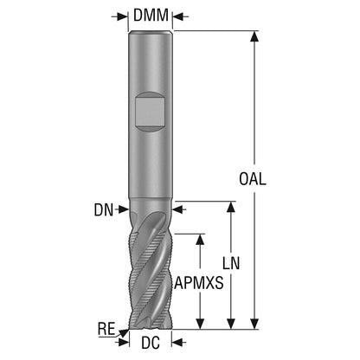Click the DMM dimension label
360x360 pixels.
coord(151,16)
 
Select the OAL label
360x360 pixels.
coord(253,179)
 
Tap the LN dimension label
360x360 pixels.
coord(231,263)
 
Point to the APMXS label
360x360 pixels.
coord(199,283)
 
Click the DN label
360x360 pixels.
coord(104,209)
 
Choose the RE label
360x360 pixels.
coord(106,330)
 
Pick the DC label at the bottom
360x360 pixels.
coord(151,343)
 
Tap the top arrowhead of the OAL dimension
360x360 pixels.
coord(254,36)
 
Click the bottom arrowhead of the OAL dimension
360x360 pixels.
coord(254,324)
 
